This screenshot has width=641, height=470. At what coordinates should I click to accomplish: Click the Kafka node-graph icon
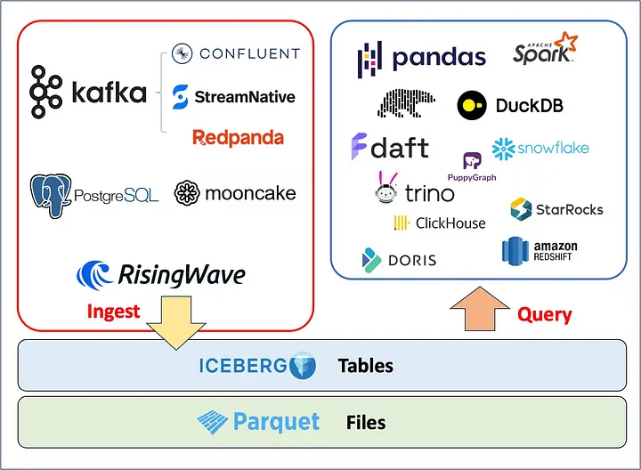(x=45, y=92)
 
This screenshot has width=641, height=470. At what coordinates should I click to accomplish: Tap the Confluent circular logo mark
(x=182, y=53)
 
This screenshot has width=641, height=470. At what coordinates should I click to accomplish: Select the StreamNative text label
(x=245, y=97)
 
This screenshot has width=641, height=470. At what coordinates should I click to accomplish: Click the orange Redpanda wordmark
(x=238, y=138)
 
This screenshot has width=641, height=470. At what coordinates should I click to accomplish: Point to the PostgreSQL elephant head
(x=51, y=195)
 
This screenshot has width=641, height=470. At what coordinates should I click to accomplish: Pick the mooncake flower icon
(x=187, y=193)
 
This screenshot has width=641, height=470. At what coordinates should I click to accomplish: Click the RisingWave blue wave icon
(x=95, y=275)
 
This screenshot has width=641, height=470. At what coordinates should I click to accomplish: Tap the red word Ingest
(x=113, y=312)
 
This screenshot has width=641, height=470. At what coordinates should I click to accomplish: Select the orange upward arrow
(x=480, y=309)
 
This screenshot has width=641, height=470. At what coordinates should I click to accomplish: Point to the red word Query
(x=545, y=314)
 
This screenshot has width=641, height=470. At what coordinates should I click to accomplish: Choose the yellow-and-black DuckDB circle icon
(x=472, y=105)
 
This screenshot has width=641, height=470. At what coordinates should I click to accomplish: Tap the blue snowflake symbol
(x=504, y=149)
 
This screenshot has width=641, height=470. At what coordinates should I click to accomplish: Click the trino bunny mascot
(x=386, y=187)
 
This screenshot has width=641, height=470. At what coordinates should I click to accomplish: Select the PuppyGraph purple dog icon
(x=472, y=160)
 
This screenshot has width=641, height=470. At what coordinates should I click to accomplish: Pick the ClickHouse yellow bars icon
(x=402, y=223)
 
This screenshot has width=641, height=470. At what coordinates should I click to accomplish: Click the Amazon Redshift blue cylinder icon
(x=515, y=251)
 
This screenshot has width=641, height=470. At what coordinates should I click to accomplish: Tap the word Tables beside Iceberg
(x=366, y=366)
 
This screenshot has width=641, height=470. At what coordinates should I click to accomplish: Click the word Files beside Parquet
(x=366, y=423)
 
